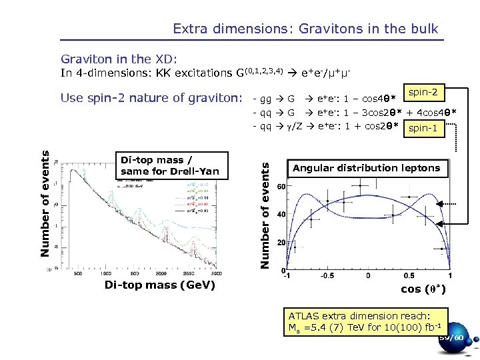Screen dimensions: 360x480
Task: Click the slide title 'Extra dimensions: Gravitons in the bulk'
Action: [305, 29]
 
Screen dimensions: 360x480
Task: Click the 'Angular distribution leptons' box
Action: [366, 168]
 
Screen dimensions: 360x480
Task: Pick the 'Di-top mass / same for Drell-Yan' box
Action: [170, 166]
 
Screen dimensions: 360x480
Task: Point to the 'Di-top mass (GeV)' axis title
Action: [159, 286]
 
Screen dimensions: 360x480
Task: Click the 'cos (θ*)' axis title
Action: [423, 289]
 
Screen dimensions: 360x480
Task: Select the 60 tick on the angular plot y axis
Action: [281, 187]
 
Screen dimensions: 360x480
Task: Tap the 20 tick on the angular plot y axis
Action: [281, 243]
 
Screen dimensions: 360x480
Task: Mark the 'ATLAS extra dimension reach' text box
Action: [366, 321]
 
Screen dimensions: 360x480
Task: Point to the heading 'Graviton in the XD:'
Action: [119, 59]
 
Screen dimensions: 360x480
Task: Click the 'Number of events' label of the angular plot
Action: [265, 209]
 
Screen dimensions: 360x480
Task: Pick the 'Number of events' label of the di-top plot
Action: [45, 203]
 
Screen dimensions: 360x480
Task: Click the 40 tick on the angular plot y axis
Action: [281, 215]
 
